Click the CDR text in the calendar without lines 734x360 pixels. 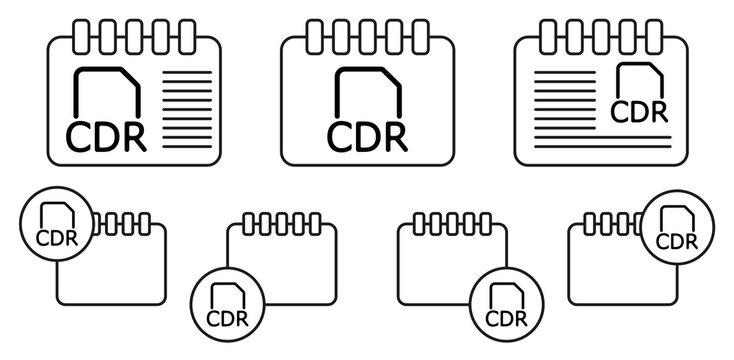(367, 133)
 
